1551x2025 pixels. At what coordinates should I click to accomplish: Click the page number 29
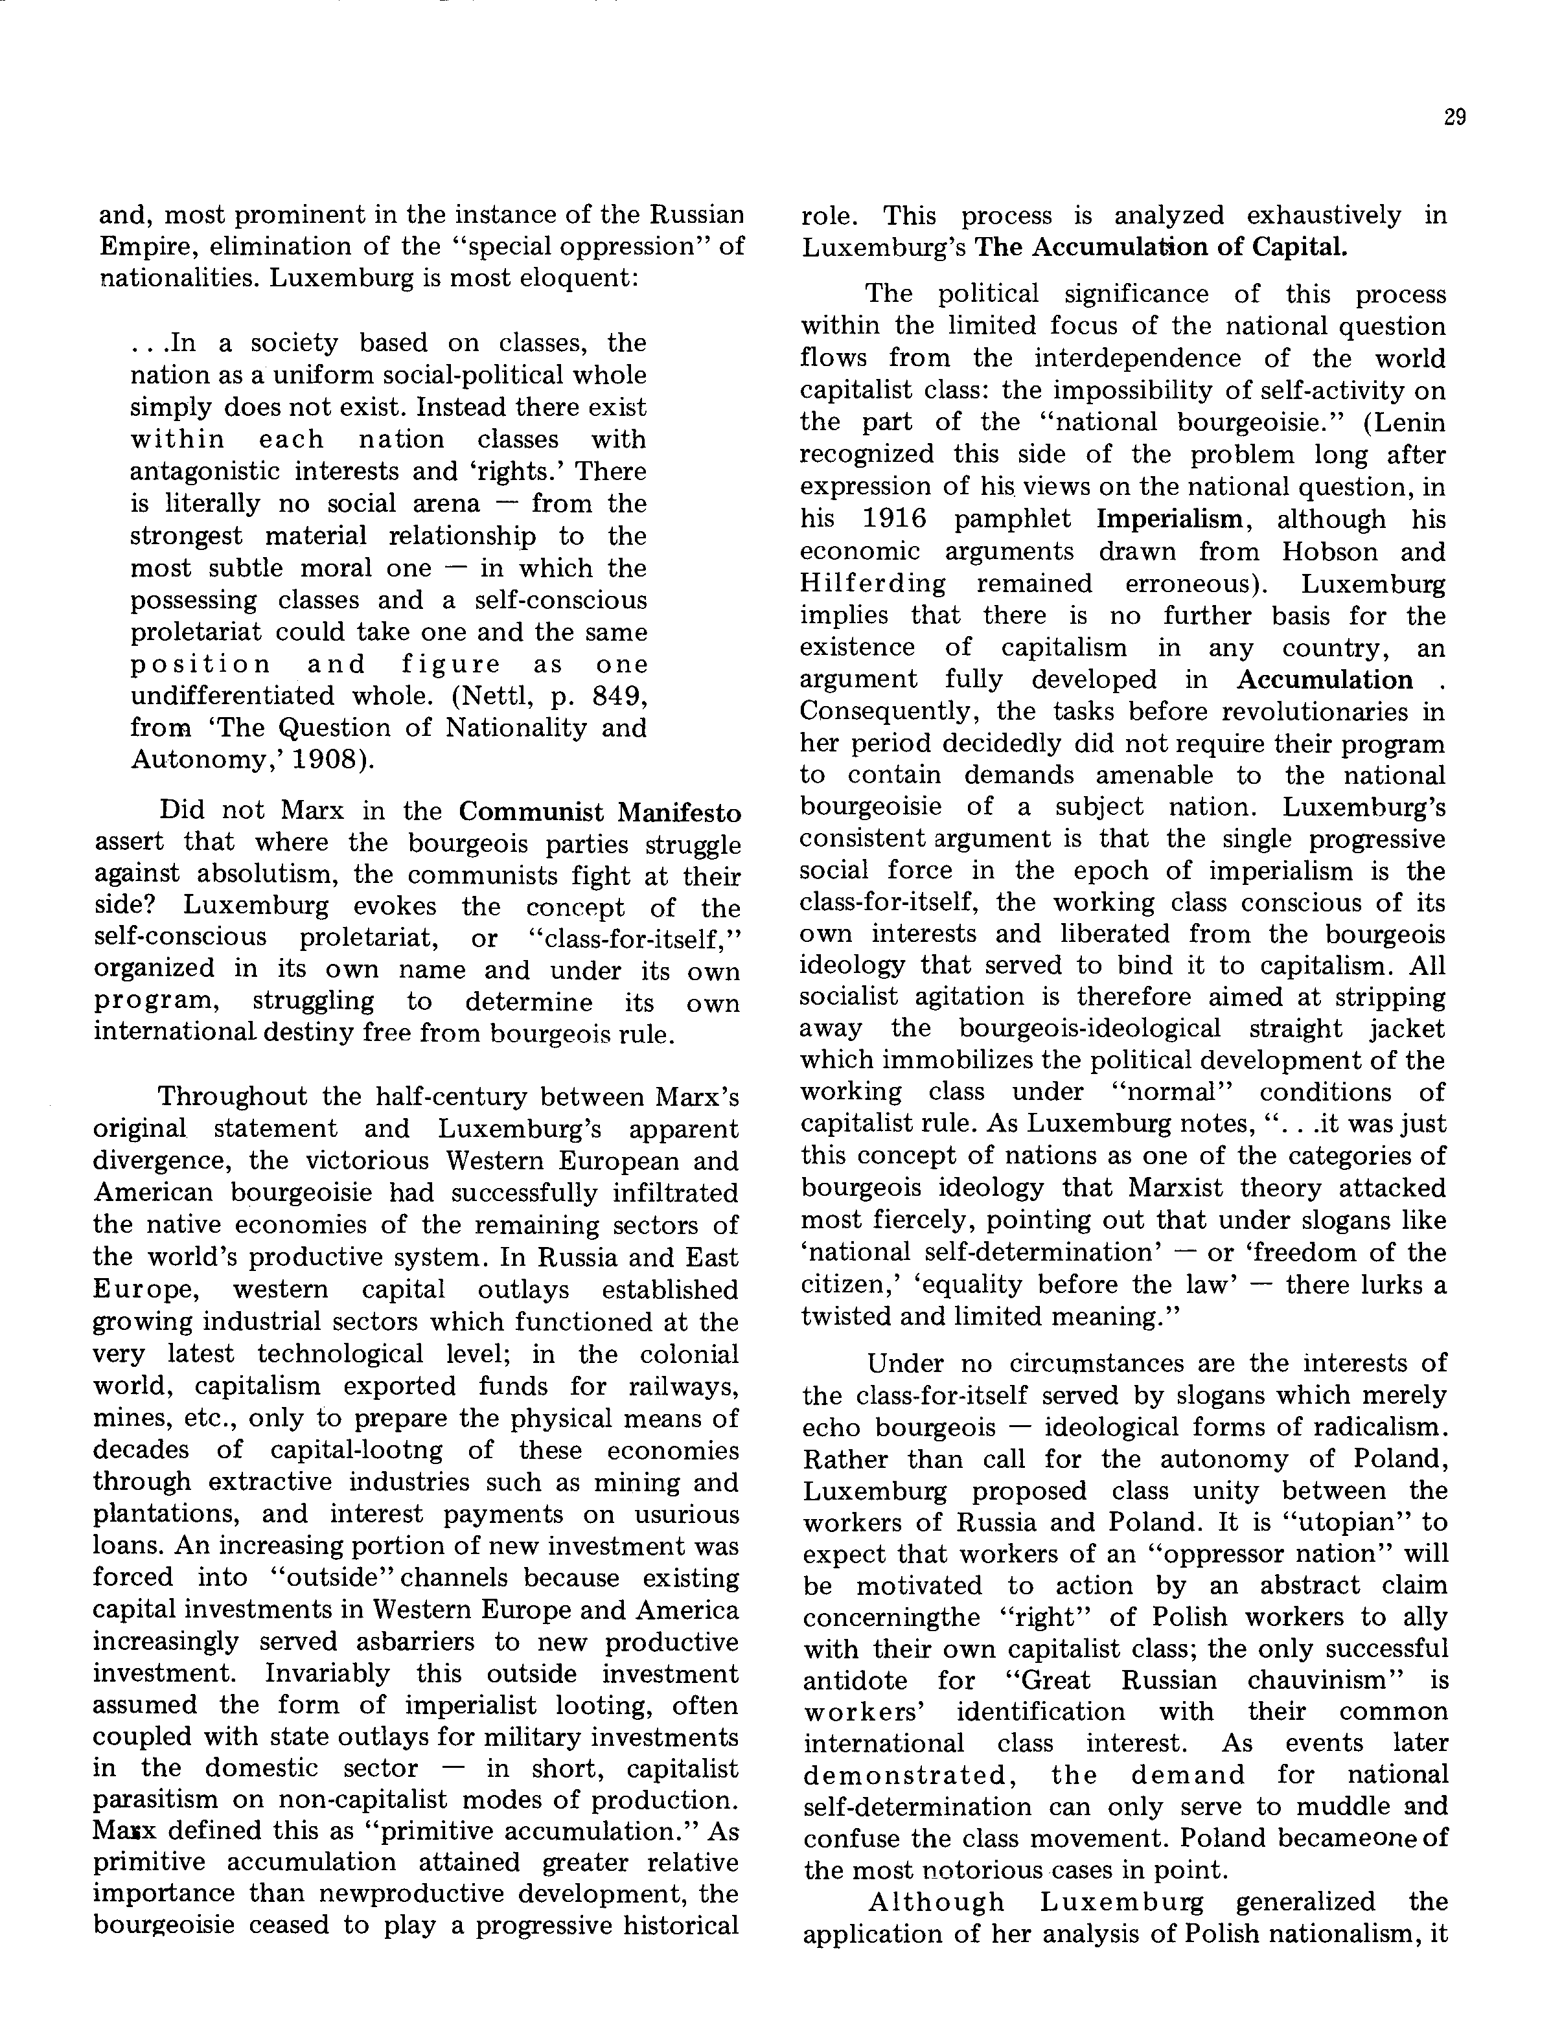1454,117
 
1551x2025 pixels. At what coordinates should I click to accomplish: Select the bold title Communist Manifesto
600,812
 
